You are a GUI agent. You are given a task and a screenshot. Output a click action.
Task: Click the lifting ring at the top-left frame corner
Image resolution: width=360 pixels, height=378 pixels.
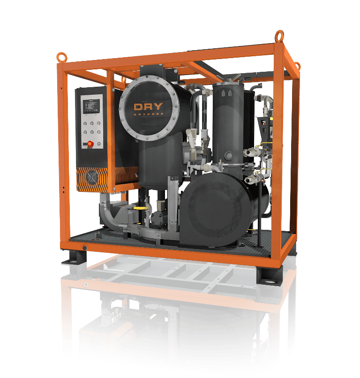(x=61, y=57)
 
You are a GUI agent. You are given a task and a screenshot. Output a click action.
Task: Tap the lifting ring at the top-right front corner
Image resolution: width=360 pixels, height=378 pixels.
(x=280, y=35)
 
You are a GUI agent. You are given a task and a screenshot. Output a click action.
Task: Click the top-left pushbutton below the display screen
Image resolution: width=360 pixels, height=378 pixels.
(x=84, y=122)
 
